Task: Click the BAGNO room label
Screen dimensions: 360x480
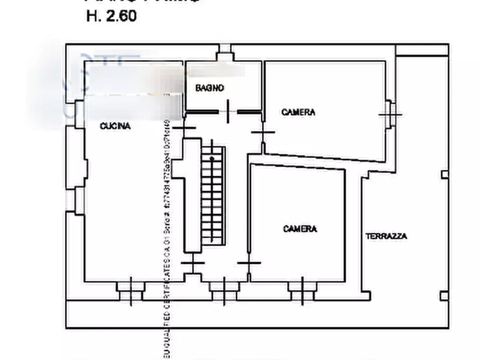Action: click(210, 88)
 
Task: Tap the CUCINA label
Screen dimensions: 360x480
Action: click(115, 126)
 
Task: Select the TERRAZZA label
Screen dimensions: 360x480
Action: click(386, 236)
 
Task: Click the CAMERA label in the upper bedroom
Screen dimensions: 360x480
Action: click(298, 112)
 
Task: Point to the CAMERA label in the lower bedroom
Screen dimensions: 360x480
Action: click(300, 229)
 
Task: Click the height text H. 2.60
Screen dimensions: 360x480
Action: click(111, 16)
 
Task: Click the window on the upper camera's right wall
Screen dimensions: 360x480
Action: click(390, 114)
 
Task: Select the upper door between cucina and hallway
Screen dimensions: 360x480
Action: click(184, 128)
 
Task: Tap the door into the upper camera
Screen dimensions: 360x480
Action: click(262, 132)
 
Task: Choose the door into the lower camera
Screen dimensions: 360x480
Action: click(249, 263)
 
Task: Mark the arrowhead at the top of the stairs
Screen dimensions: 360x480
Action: click(212, 158)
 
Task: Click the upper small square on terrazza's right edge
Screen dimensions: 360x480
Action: click(444, 174)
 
